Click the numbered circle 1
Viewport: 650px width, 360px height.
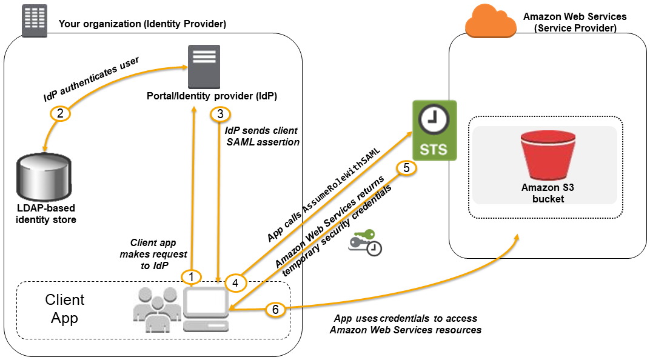pos(192,277)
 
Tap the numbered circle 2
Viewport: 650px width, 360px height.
pos(61,113)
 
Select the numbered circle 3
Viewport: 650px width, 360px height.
pos(219,114)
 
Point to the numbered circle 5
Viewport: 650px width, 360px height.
pos(407,168)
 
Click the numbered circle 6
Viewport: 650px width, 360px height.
pos(275,310)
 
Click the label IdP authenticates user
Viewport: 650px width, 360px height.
pos(92,79)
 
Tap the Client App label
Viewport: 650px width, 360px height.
pos(65,308)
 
